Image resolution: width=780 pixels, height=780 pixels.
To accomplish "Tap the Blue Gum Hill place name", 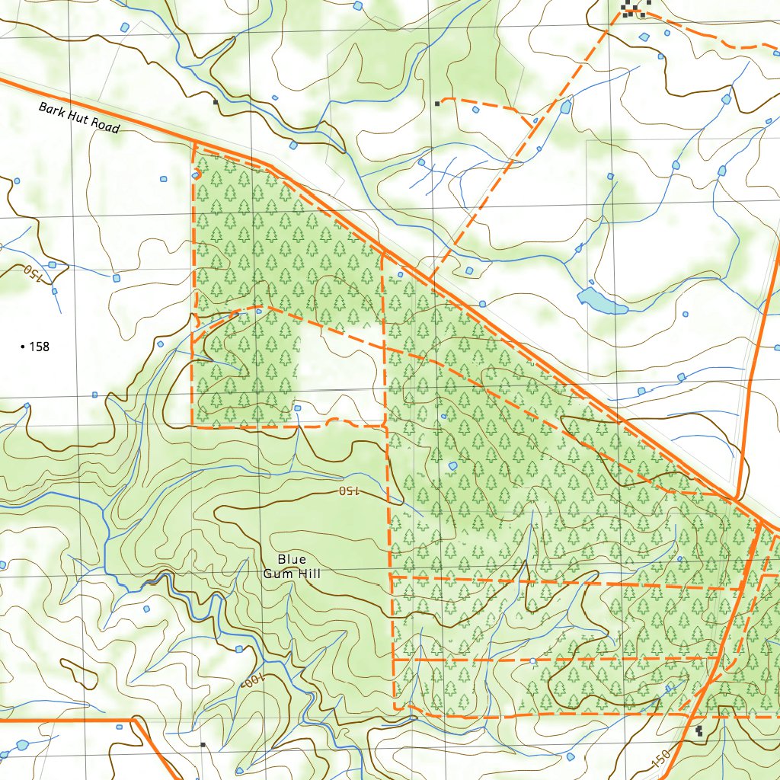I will click(292, 567).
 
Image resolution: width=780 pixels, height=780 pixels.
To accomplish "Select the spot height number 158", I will click(39, 347).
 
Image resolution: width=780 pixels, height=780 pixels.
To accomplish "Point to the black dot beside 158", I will click(22, 347).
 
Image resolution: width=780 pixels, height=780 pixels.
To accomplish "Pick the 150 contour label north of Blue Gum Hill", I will click(347, 491).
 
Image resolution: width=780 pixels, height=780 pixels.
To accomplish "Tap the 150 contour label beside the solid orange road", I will click(661, 758).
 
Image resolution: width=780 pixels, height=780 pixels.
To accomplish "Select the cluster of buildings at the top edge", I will click(634, 8).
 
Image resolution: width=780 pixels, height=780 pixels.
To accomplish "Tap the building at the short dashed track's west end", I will click(437, 103).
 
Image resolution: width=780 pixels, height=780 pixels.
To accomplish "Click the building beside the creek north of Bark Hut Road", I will click(216, 101).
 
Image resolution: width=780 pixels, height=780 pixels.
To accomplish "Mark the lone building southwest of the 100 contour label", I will click(203, 744).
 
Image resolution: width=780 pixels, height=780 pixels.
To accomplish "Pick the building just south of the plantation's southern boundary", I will click(699, 731).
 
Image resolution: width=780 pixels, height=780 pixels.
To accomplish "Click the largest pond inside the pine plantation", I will click(453, 465).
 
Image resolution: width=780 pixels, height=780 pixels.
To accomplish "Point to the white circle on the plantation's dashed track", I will click(532, 660).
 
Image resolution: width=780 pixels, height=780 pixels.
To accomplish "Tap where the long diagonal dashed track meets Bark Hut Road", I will click(431, 280).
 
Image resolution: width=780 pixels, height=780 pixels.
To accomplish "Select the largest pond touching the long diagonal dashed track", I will click(565, 107).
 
